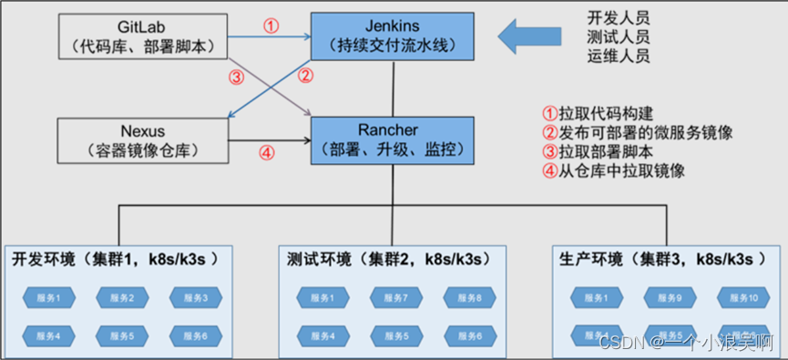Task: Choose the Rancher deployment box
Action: click(393, 140)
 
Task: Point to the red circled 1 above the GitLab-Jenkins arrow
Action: click(271, 26)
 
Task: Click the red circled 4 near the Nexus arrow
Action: click(266, 153)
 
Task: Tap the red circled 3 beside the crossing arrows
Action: click(237, 77)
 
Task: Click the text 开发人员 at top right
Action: click(619, 18)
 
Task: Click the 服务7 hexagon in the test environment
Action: click(394, 298)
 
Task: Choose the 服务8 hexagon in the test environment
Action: click(469, 298)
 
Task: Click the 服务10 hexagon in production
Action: click(742, 298)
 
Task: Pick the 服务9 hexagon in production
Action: click(670, 298)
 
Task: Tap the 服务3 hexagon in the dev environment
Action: click(193, 298)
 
